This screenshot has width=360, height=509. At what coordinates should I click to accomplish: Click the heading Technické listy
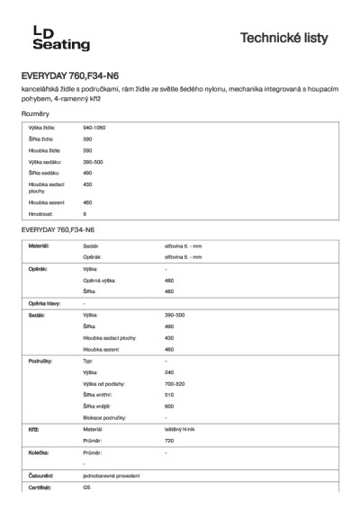coord(290,39)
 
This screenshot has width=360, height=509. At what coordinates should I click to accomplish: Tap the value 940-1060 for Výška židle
coord(94,129)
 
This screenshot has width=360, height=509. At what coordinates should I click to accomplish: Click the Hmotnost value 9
coord(85,214)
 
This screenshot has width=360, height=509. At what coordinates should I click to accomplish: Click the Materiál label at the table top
coord(38,245)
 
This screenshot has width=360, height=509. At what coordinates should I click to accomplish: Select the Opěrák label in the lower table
coord(40,269)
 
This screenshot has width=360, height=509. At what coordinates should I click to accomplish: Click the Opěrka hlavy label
coord(45,303)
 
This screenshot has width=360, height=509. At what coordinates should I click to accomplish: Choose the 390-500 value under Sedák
coord(175,316)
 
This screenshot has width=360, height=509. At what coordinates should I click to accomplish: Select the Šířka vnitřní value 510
coord(169,394)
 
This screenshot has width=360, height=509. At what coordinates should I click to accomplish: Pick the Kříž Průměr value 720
coord(169,441)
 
